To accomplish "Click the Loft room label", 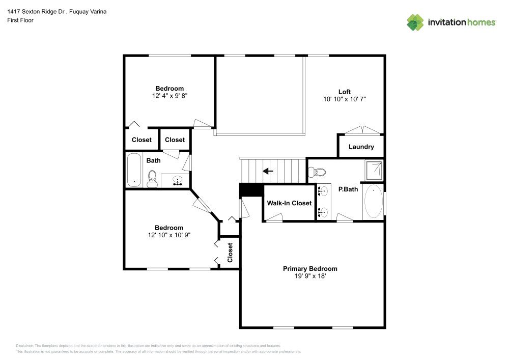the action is coord(345,92).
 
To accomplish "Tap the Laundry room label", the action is coord(361,147).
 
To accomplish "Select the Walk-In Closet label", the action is coord(289,203).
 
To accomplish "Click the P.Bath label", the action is coord(348,189).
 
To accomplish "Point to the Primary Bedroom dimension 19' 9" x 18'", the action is coord(310,276).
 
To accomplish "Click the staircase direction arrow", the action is coord(268,171).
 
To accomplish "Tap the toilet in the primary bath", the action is coord(317,172).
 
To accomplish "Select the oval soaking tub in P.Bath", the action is coord(374,201).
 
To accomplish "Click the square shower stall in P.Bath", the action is coord(374,170).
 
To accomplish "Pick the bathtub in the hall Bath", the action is coord(134,170).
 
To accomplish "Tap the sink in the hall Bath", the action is coord(177,180).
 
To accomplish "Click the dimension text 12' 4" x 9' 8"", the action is coord(170,96).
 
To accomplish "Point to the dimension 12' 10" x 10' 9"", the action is coord(169,235).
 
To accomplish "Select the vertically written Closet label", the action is coord(230,253).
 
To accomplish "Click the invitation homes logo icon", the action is coord(415,22).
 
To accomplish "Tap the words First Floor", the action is coord(20,20).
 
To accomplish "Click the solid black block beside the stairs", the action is coord(251,190).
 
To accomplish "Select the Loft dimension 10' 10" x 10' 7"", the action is coord(345,99).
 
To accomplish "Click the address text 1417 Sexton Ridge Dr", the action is coord(36,12).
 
